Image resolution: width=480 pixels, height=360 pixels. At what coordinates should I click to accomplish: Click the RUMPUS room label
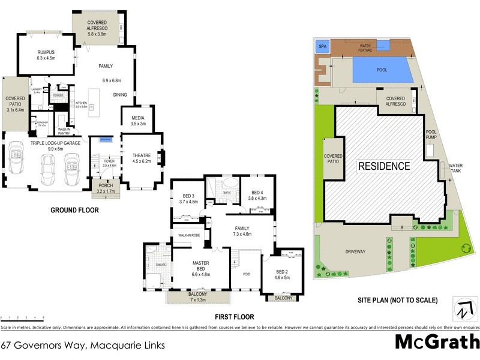pyautogui.click(x=46, y=52)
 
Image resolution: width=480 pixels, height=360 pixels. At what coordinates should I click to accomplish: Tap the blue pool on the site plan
pyautogui.click(x=382, y=70)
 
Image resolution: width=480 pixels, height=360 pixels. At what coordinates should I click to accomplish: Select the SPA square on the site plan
pyautogui.click(x=322, y=46)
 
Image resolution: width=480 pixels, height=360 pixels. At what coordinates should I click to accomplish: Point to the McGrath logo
pyautogui.click(x=437, y=342)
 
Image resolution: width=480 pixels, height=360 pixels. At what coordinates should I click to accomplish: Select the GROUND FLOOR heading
pyautogui.click(x=74, y=211)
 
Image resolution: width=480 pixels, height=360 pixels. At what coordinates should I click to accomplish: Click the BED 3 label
pyautogui.click(x=188, y=196)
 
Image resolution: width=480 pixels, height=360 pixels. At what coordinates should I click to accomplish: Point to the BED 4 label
pyautogui.click(x=257, y=192)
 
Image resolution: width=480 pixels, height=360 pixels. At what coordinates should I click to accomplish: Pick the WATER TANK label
pyautogui.click(x=456, y=167)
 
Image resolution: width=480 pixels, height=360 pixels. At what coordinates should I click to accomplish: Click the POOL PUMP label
pyautogui.click(x=431, y=134)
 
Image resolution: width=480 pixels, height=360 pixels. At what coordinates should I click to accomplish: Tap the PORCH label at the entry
pyautogui.click(x=106, y=185)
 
